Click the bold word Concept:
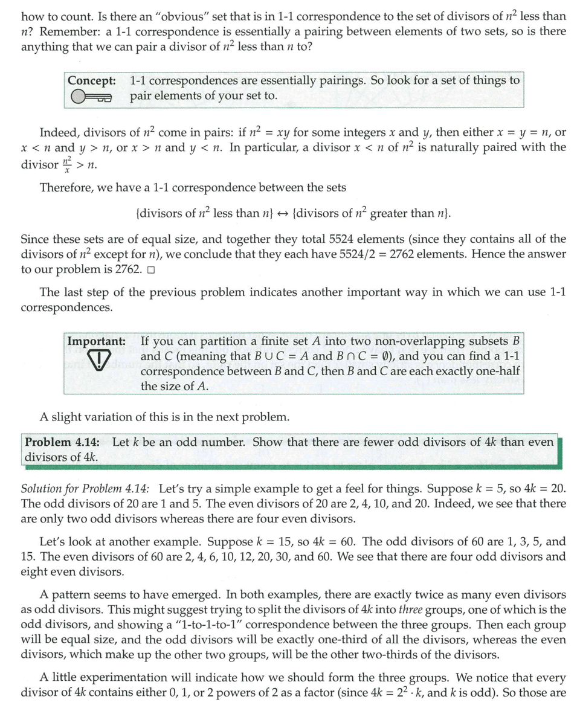pyautogui.click(x=92, y=80)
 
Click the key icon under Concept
pyautogui.click(x=91, y=97)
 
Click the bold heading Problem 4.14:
pyautogui.click(x=63, y=442)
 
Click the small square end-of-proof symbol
pyautogui.click(x=150, y=269)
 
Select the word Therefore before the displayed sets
pyautogui.click(x=66, y=187)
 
